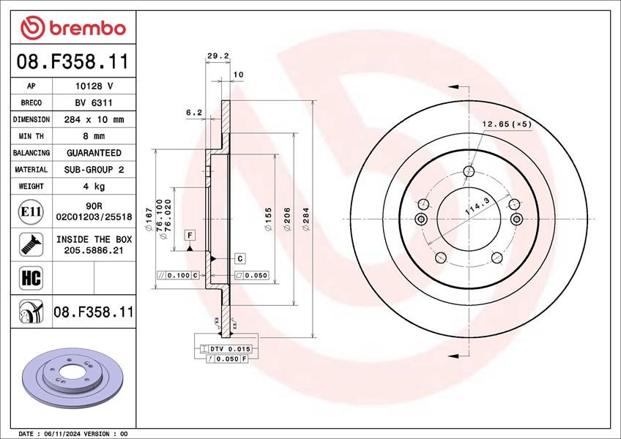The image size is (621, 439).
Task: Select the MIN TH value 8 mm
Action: click(x=94, y=136)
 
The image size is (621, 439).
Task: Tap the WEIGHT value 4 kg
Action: click(x=94, y=186)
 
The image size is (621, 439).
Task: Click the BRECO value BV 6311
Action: click(x=94, y=103)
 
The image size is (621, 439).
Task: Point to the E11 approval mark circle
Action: click(x=31, y=211)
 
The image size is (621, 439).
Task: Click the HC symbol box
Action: click(x=31, y=277)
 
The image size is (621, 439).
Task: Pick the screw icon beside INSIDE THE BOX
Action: click(x=31, y=244)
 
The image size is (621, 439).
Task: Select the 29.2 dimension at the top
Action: click(x=218, y=56)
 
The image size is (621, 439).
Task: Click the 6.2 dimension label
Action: click(x=194, y=113)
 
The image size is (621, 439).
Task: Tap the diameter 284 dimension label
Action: click(x=306, y=219)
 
